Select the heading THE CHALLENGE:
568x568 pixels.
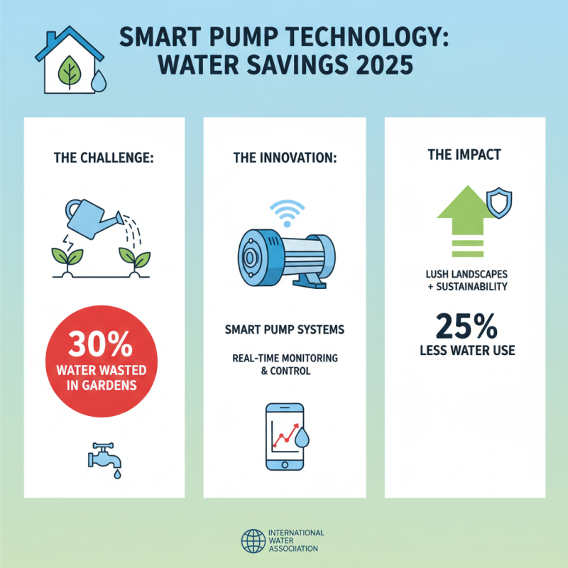coord(103,158)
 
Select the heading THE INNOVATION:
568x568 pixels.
coord(284,158)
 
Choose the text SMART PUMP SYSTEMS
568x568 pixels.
coord(285,330)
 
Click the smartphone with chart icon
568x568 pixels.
coord(284,436)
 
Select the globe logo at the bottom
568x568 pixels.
coord(251,541)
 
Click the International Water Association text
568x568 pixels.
coord(296,541)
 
